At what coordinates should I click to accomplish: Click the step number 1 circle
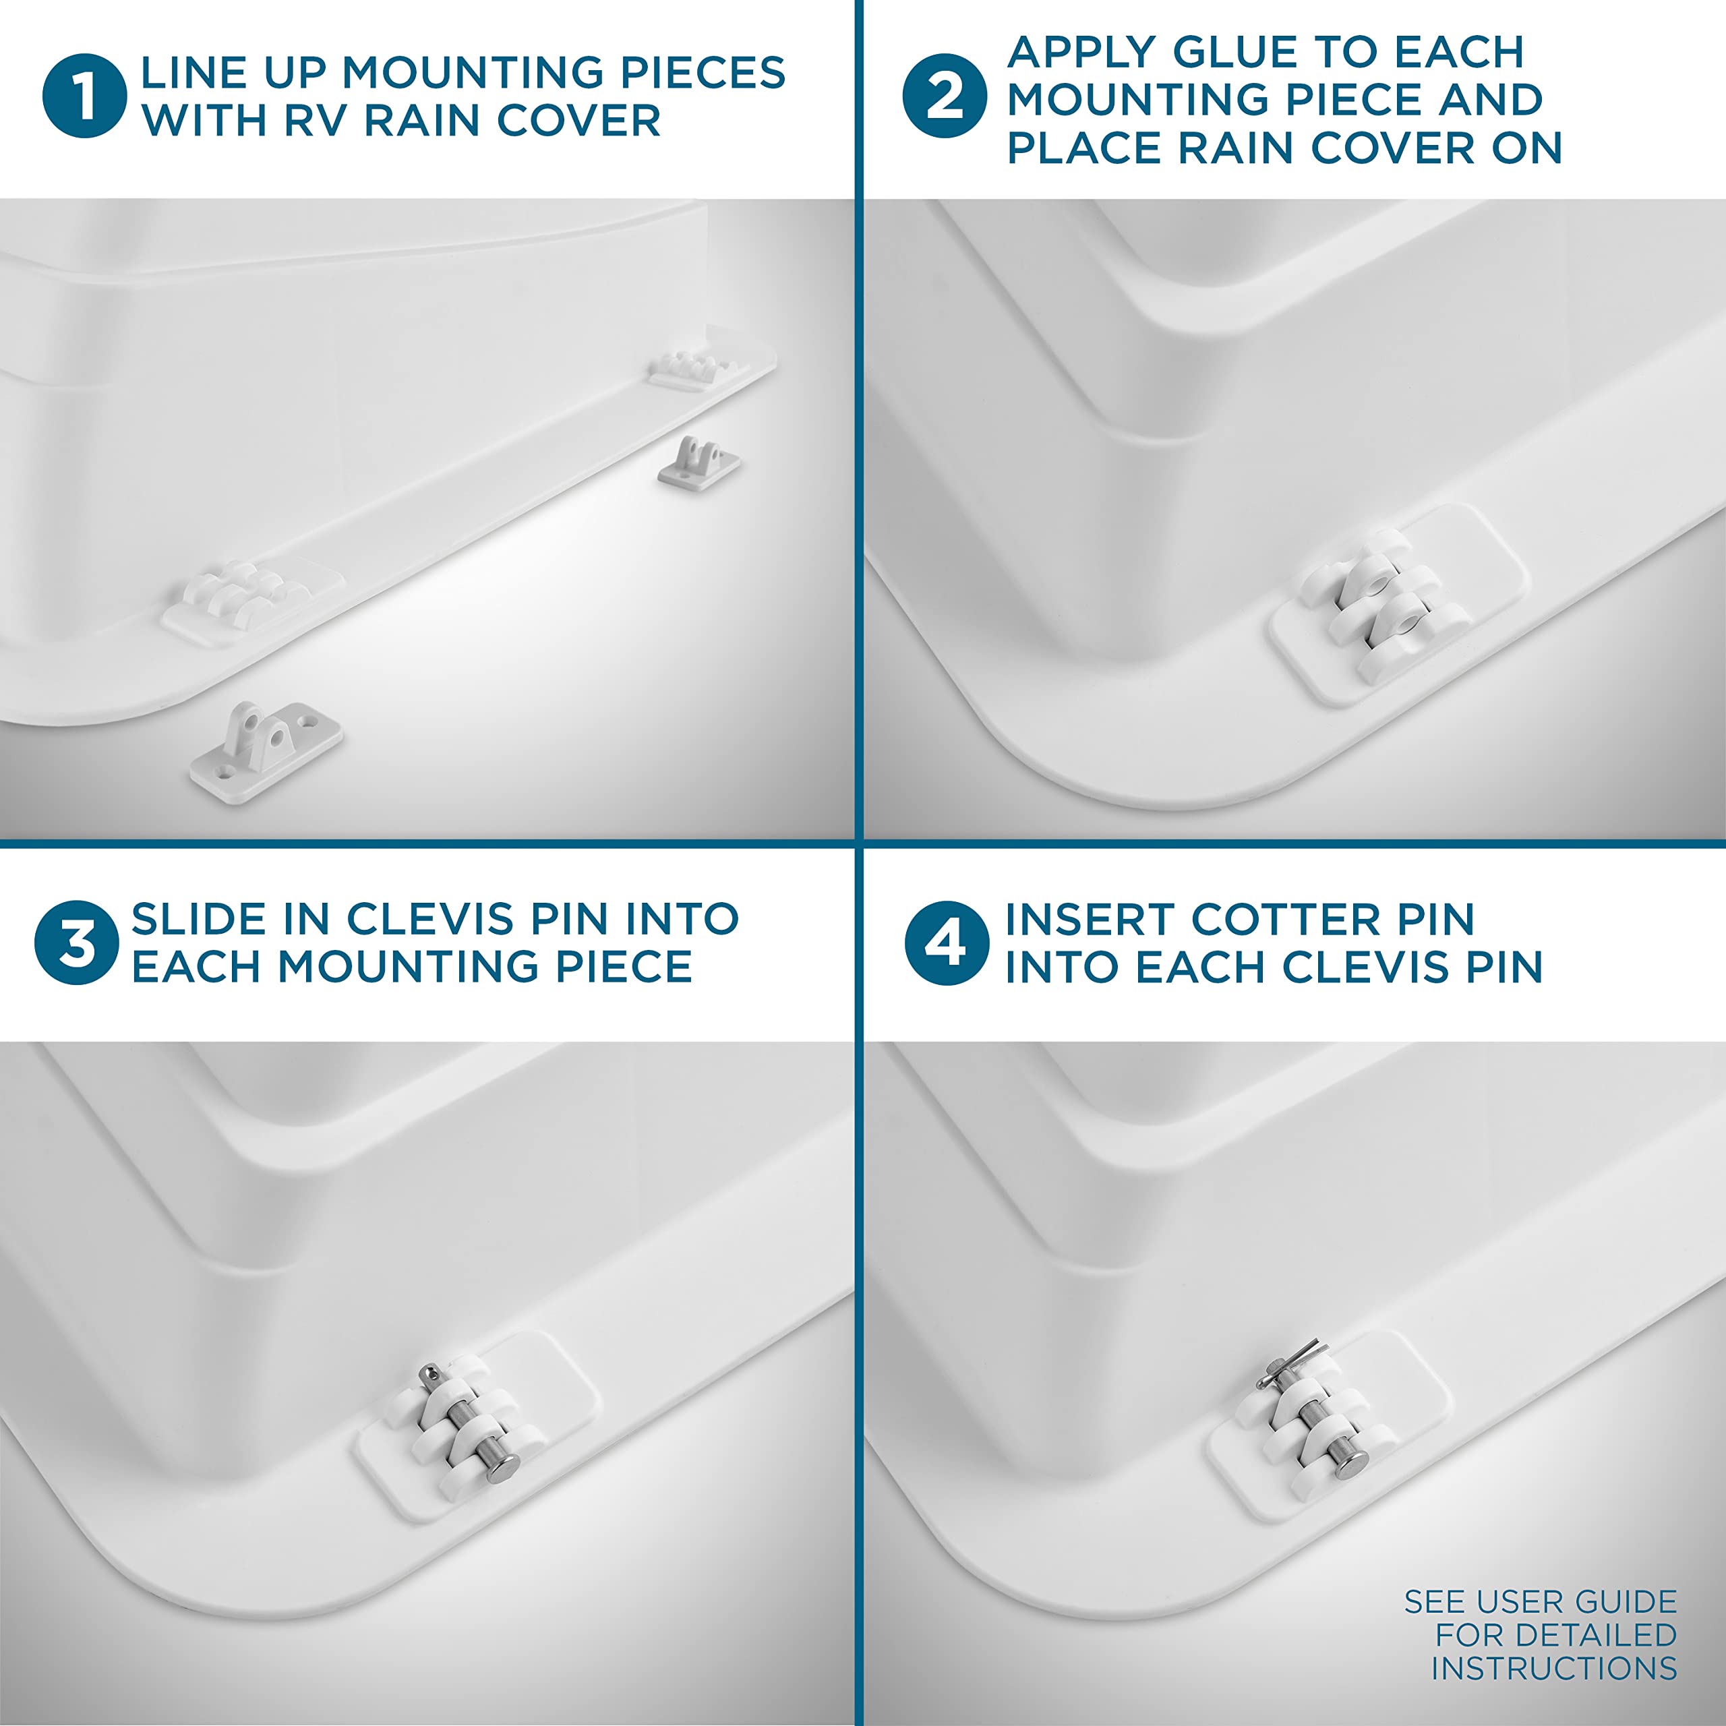pos(85,96)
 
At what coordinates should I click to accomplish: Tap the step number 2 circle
pos(945,96)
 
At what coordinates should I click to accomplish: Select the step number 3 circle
pos(77,943)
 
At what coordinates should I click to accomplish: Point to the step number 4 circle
pos(947,943)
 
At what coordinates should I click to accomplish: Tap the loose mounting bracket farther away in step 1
pos(698,462)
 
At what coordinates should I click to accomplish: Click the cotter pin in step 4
pos(1290,1364)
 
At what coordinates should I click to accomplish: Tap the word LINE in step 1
pos(194,72)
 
